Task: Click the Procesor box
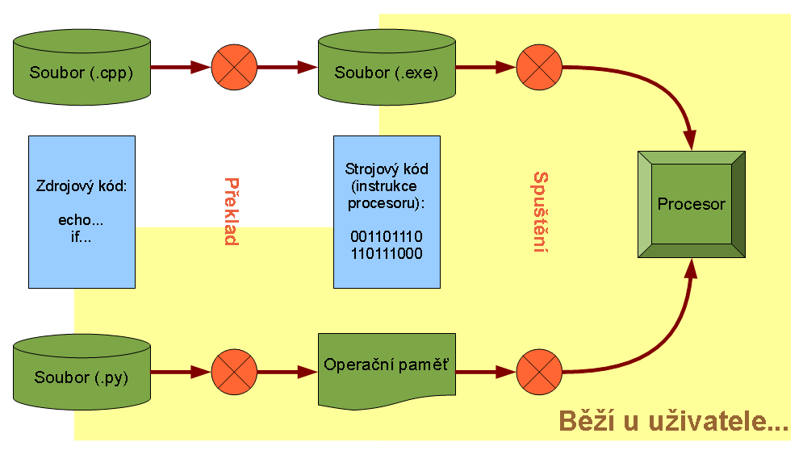click(x=691, y=204)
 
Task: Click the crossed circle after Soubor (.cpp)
click(x=234, y=68)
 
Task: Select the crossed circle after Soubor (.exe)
click(x=539, y=68)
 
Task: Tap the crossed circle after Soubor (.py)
click(x=234, y=373)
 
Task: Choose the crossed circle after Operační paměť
click(x=539, y=373)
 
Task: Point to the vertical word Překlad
click(x=230, y=211)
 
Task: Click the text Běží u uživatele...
click(x=674, y=421)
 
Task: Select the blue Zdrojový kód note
click(x=82, y=211)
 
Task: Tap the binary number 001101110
click(x=387, y=237)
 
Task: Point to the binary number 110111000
click(x=387, y=253)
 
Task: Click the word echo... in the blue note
click(x=82, y=220)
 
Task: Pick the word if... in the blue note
click(x=82, y=236)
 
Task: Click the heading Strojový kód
click(x=387, y=169)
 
